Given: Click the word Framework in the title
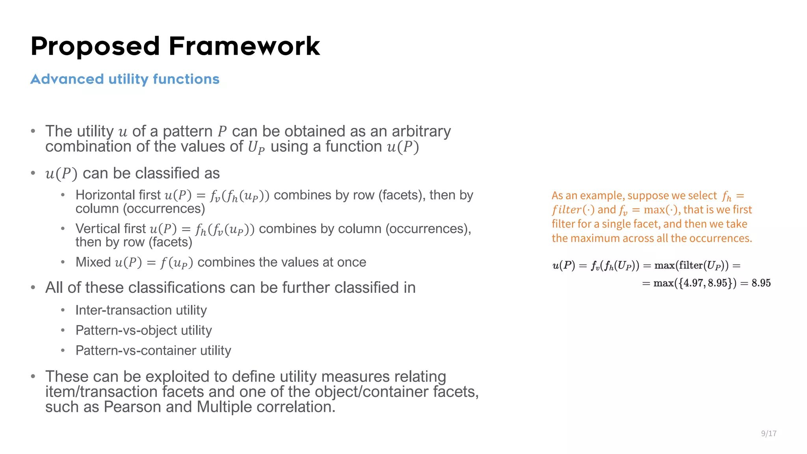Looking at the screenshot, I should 244,47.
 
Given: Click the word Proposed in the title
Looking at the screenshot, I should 95,47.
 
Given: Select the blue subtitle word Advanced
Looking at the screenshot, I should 67,79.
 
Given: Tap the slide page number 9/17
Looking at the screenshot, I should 768,434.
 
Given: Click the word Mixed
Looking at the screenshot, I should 93,262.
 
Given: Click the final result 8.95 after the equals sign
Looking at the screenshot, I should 761,283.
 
